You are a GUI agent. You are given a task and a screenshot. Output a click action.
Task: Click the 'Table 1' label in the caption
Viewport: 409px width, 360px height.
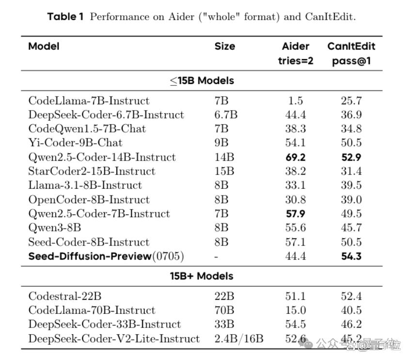[x=65, y=16]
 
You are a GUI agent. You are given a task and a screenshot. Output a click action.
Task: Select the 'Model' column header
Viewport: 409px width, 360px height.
[x=44, y=46]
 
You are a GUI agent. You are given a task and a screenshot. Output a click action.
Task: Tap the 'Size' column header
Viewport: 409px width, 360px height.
[x=225, y=46]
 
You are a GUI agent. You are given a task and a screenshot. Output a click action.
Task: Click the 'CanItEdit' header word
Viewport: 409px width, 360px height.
[x=351, y=46]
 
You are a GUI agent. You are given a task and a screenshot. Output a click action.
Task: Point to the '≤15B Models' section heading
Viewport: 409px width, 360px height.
[x=202, y=81]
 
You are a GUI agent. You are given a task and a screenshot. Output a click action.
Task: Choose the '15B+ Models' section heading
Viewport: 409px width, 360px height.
[x=202, y=276]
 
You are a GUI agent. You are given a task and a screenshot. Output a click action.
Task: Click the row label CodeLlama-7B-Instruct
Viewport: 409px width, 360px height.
[x=89, y=100]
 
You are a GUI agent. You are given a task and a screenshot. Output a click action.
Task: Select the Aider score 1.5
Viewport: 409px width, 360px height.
[x=296, y=100]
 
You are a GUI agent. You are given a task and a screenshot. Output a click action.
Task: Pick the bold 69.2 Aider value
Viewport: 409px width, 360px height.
[x=296, y=157]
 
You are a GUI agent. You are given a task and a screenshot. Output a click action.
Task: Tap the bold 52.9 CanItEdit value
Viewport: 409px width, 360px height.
[x=351, y=157]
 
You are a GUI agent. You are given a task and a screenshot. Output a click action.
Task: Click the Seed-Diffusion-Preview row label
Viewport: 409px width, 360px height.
[x=106, y=256]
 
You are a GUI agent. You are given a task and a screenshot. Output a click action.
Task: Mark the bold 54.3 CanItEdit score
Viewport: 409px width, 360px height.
[x=351, y=256]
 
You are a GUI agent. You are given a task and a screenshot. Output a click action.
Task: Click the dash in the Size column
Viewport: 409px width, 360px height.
[x=216, y=257]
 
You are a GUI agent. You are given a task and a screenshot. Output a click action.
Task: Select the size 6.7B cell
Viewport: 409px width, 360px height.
[x=226, y=115]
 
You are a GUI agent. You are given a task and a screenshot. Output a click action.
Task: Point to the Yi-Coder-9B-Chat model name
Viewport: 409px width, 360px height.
[x=76, y=143]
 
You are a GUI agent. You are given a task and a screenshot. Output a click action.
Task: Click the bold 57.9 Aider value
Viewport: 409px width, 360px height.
[x=296, y=214]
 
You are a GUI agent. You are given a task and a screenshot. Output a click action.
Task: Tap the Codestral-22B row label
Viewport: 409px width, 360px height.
[x=65, y=296]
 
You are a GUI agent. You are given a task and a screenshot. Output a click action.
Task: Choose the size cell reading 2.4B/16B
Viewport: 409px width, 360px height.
[x=239, y=339]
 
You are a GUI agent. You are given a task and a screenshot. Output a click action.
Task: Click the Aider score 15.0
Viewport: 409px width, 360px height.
[x=296, y=310]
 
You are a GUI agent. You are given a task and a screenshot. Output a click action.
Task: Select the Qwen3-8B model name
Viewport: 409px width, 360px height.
[x=55, y=228]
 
